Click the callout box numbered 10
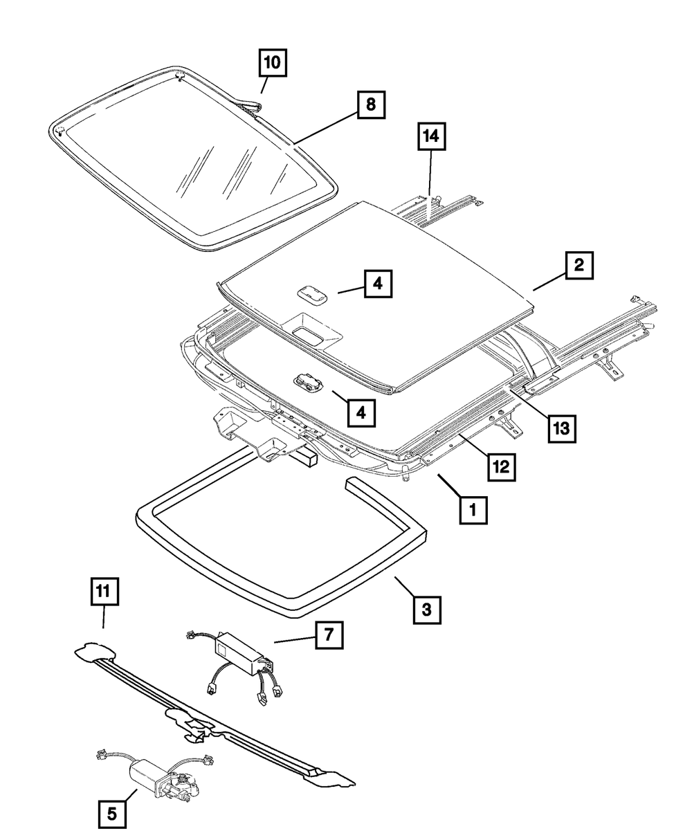[273, 62]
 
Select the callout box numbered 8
[371, 105]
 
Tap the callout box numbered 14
[430, 137]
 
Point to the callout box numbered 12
[501, 467]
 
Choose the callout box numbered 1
[473, 511]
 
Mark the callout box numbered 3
[427, 610]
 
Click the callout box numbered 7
[329, 634]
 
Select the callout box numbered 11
[103, 592]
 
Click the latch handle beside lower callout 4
[304, 382]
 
